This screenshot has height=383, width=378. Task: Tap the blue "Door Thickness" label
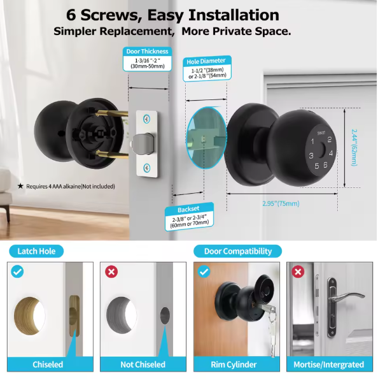146,52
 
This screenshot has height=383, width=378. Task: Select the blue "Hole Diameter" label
206,62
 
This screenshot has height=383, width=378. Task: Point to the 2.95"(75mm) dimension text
281,204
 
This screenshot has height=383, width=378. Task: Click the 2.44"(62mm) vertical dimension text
354,147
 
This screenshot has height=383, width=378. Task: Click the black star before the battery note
20,187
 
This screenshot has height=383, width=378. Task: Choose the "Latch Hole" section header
36,251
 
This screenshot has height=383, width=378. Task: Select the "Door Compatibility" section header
237,251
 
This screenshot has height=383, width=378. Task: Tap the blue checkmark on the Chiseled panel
17,271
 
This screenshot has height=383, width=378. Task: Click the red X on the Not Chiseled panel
111,271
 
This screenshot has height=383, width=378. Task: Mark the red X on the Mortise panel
297,271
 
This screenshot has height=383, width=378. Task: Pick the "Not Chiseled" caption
143,365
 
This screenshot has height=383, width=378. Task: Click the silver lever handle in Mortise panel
349,298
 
